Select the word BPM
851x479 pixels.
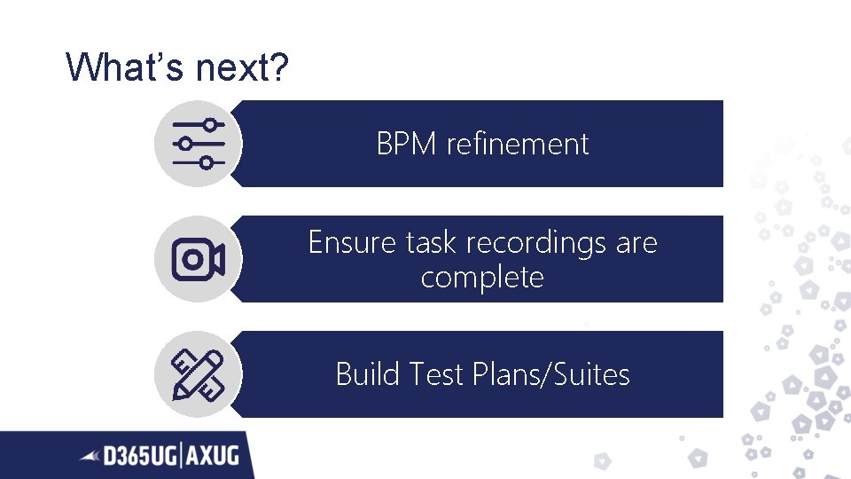click(408, 144)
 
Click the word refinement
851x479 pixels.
click(518, 144)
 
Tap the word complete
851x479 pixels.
click(482, 277)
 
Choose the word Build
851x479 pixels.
click(368, 374)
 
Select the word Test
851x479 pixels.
click(437, 374)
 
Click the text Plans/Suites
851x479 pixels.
click(551, 374)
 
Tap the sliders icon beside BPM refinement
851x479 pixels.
click(196, 143)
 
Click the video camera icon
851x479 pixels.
click(197, 259)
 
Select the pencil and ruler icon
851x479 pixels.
click(197, 373)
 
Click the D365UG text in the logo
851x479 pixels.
click(141, 456)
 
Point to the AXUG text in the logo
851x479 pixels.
click(213, 456)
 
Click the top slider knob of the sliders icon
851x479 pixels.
click(209, 124)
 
